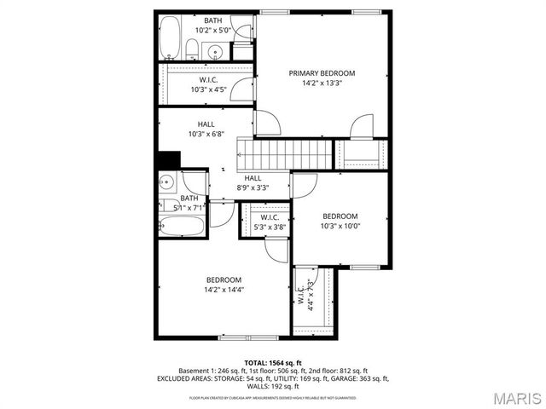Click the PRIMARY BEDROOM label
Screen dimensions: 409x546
point(322,73)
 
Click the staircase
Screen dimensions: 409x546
point(288,155)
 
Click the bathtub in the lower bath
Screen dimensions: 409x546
point(182,228)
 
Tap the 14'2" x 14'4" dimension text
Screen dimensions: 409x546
point(224,290)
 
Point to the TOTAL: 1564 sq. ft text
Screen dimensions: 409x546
point(272,362)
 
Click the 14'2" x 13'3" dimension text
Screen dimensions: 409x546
point(322,84)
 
